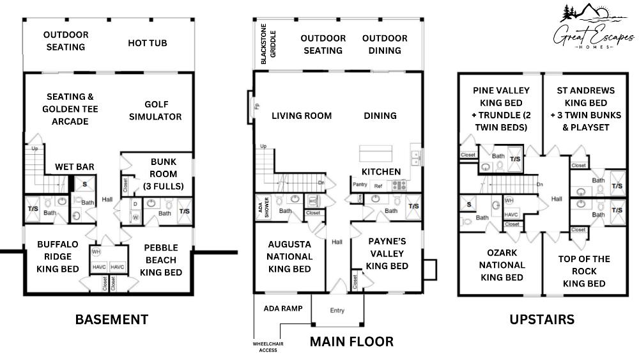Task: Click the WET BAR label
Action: coord(74,167)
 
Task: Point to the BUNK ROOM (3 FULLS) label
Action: coord(163,174)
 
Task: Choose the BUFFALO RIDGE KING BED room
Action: coord(58,256)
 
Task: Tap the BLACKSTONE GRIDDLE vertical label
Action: coord(264,47)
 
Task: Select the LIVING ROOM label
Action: coord(302,116)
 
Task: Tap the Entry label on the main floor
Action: coord(337,311)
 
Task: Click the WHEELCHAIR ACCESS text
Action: coord(268,347)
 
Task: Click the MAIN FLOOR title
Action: coord(351,341)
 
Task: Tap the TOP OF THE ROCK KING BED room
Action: coord(584,270)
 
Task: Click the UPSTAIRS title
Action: coord(541,318)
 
